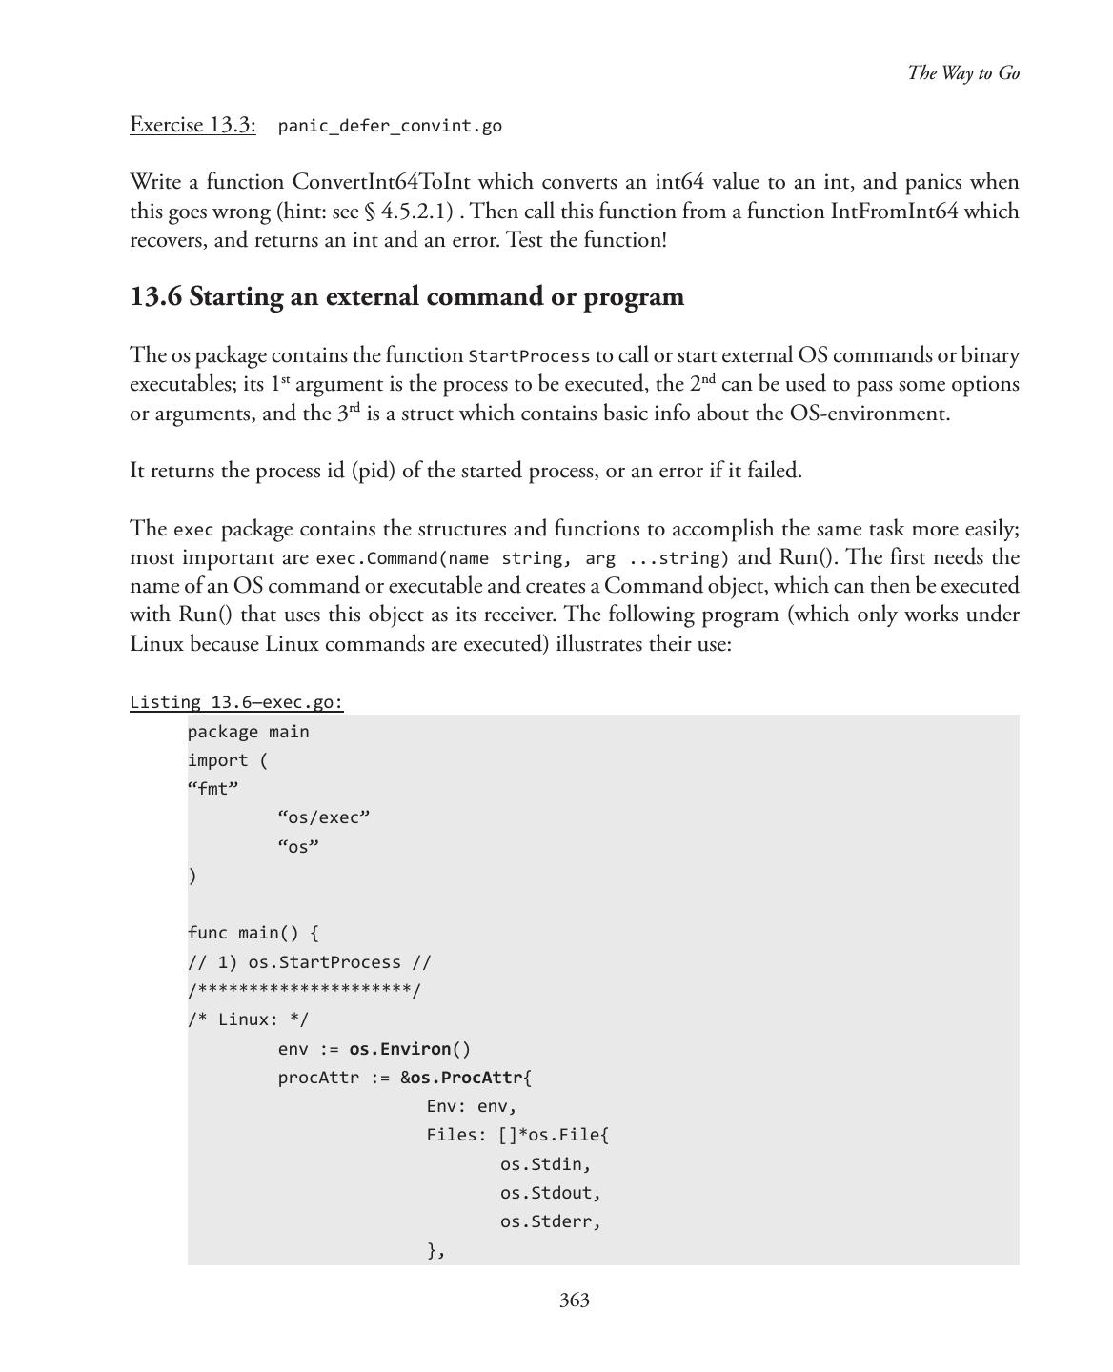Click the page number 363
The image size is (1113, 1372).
pos(574,1301)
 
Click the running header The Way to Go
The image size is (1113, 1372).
pos(962,73)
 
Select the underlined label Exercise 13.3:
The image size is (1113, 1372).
pos(192,125)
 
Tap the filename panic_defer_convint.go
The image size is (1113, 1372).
pos(390,126)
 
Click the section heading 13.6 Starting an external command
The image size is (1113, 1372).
pos(407,296)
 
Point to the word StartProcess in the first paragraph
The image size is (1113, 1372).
pos(529,356)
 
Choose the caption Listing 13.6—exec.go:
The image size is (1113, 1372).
pos(236,702)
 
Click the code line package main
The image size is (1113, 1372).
pos(248,732)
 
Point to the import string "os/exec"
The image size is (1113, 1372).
pos(323,817)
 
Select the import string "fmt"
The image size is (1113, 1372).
pos(213,789)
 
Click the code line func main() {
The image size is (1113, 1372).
pos(253,933)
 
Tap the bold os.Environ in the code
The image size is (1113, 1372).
pos(400,1049)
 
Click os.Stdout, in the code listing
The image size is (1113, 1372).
pos(550,1193)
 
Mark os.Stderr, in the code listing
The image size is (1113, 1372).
pos(550,1221)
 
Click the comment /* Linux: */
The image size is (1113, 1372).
pos(248,1019)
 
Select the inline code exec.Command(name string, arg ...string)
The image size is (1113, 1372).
pos(522,558)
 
